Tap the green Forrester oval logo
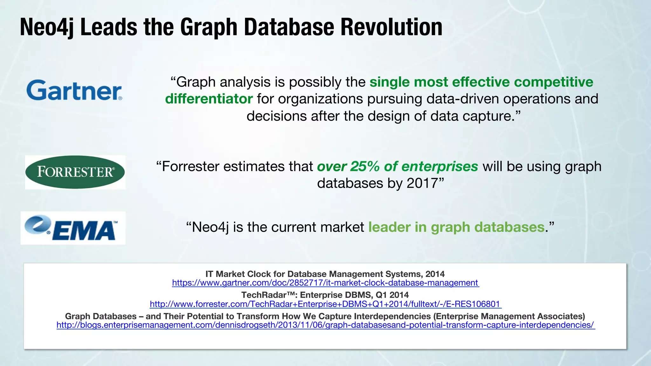[75, 172]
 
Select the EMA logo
[73, 228]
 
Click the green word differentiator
[209, 99]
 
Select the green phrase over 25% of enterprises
[397, 166]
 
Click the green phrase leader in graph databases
[456, 227]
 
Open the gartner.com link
[325, 283]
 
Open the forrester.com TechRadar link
[325, 304]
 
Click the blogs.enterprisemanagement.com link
[325, 325]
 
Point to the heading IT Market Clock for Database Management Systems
[325, 274]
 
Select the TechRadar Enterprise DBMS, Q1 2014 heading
[325, 295]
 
